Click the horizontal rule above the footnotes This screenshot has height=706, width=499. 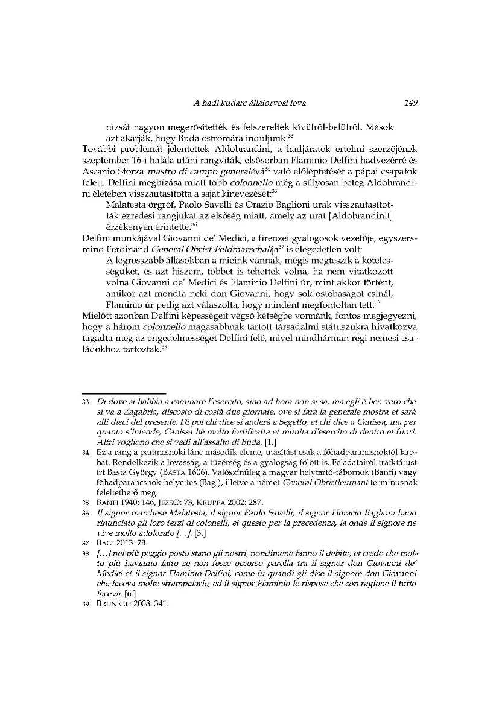coord(124,393)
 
